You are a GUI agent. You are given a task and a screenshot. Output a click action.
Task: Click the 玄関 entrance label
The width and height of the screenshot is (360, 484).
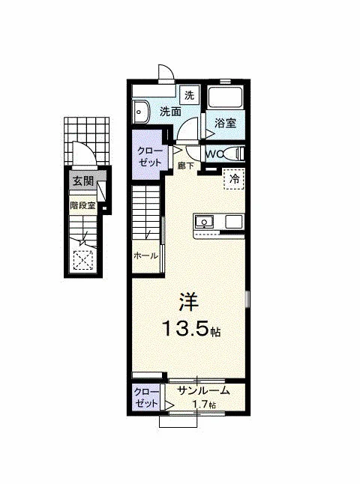pos(82,181)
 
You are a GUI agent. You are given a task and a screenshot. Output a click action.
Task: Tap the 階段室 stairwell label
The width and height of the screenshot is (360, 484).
pos(82,205)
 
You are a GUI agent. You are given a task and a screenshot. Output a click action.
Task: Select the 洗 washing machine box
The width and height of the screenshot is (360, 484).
pos(190,95)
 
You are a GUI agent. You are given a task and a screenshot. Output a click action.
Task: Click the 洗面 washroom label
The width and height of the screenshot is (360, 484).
pos(170,112)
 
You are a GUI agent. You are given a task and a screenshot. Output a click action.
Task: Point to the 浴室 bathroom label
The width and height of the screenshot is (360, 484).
pos(226,123)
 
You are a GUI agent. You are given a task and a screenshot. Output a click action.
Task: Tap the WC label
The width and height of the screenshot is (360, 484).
pos(214,154)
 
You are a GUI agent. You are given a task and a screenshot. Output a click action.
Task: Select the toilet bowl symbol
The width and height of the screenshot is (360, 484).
pos(235,154)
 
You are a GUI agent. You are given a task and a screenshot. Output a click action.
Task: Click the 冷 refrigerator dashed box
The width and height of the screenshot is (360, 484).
pos(234,179)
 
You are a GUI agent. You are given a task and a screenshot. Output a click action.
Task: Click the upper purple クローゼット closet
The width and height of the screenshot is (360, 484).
pos(148,155)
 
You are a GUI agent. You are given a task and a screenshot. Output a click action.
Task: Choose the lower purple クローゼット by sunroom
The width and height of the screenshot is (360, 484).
pos(146,397)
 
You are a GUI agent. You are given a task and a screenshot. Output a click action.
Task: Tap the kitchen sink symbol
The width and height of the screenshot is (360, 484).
pos(204,223)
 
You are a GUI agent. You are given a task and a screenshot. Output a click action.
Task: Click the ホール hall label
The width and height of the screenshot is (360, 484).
pos(145,255)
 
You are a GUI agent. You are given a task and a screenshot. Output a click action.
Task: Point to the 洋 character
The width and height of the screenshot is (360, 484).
pos(187,301)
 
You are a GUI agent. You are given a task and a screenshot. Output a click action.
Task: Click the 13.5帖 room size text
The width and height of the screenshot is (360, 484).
pos(191,329)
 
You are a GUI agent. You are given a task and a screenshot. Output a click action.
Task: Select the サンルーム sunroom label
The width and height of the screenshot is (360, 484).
pos(203,390)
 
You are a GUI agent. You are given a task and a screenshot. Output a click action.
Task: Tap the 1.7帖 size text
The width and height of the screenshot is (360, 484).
pos(204,405)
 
